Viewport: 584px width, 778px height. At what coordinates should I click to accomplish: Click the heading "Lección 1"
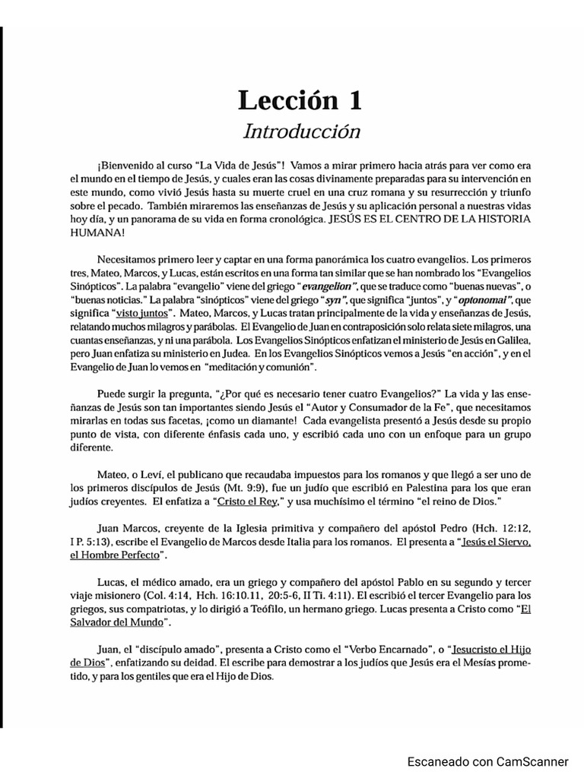[x=300, y=100]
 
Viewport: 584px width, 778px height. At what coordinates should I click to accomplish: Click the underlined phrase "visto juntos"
[x=143, y=314]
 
